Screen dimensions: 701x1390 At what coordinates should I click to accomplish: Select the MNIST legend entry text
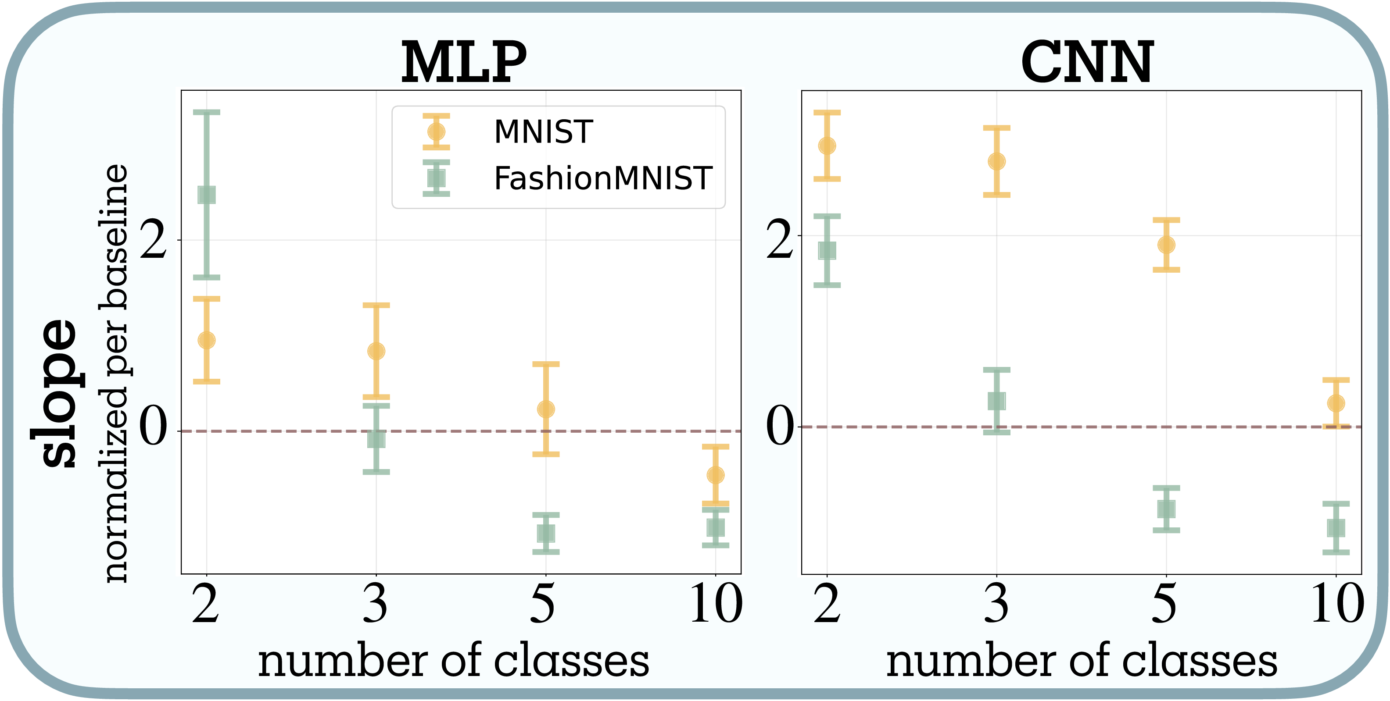click(543, 132)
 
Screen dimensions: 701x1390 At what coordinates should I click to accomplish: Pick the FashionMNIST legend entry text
click(603, 178)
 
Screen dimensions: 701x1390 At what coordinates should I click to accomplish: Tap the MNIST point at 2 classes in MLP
click(207, 340)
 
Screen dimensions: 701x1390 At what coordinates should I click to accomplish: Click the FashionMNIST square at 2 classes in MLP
click(207, 195)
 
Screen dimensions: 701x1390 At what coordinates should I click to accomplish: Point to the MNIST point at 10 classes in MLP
click(716, 475)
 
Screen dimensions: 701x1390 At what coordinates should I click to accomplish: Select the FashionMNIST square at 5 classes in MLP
click(546, 533)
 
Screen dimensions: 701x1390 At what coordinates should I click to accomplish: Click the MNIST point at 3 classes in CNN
click(996, 161)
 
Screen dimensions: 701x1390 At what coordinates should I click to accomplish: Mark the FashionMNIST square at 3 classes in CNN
click(996, 401)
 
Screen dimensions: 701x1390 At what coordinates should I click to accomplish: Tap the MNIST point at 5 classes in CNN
click(1167, 245)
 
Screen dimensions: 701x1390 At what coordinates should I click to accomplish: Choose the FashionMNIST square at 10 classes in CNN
click(1336, 528)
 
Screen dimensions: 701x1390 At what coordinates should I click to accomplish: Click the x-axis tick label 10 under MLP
click(716, 604)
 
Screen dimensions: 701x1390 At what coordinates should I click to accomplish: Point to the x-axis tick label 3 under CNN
click(996, 604)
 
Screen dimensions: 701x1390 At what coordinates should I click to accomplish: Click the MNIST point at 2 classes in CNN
click(827, 146)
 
